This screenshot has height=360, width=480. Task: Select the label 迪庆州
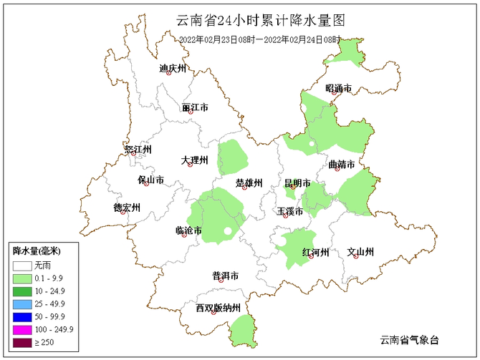172,69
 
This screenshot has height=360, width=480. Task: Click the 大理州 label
194,160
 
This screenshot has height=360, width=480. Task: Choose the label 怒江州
138,150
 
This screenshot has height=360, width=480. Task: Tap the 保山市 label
150,180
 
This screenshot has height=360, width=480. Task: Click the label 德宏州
127,208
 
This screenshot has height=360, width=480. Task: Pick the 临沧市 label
188,230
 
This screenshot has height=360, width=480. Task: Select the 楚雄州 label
249,183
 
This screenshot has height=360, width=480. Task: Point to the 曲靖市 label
341,165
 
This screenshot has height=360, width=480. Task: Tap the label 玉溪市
290,211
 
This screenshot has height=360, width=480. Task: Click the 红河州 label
315,253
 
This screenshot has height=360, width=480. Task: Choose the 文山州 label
360,252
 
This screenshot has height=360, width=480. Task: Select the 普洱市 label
225,276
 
